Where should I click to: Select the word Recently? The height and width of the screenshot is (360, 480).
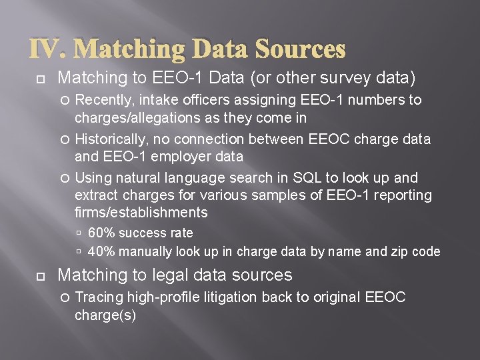click(103, 100)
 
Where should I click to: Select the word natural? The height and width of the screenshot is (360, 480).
click(138, 178)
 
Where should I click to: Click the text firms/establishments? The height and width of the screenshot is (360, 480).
click(141, 213)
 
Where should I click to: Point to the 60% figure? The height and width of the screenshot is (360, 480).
click(101, 233)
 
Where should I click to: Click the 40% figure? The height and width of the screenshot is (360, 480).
click(101, 251)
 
